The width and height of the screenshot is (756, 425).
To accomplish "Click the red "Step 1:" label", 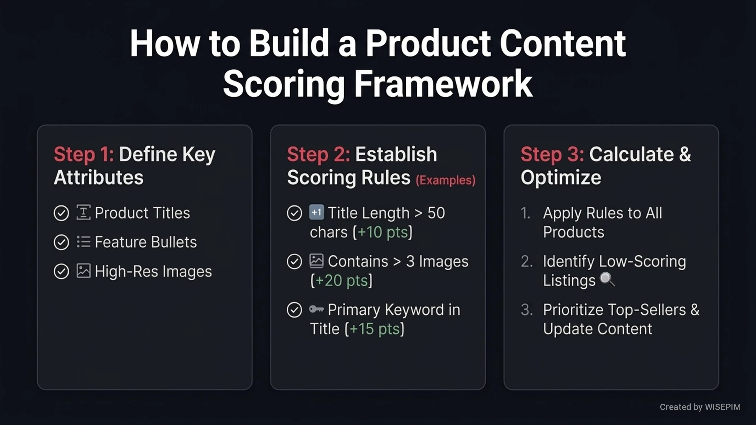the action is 84,154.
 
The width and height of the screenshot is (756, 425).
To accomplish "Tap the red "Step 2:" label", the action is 318,154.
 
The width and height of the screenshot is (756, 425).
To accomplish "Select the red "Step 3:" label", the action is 552,154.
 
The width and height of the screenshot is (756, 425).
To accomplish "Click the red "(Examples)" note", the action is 446,180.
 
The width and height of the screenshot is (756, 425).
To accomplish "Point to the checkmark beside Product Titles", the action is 61,213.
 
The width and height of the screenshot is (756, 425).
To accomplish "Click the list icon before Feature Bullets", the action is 84,242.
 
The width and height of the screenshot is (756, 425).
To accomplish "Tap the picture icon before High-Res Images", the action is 84,271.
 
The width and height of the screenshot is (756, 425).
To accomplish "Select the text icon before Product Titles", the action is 84,212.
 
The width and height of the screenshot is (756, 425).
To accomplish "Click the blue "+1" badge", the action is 317,212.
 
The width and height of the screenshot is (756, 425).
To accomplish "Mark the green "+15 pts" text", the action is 374,329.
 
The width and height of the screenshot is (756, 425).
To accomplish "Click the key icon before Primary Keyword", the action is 317,309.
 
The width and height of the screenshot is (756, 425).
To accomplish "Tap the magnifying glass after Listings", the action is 607,279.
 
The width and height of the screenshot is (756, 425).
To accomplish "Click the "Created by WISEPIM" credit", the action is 700,407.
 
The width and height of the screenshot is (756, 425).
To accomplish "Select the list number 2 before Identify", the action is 526,261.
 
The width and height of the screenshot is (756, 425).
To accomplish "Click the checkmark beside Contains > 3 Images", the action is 294,261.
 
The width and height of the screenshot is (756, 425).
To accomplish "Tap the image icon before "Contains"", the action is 317,261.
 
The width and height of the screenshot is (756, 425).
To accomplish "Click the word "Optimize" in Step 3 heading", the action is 561,178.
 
